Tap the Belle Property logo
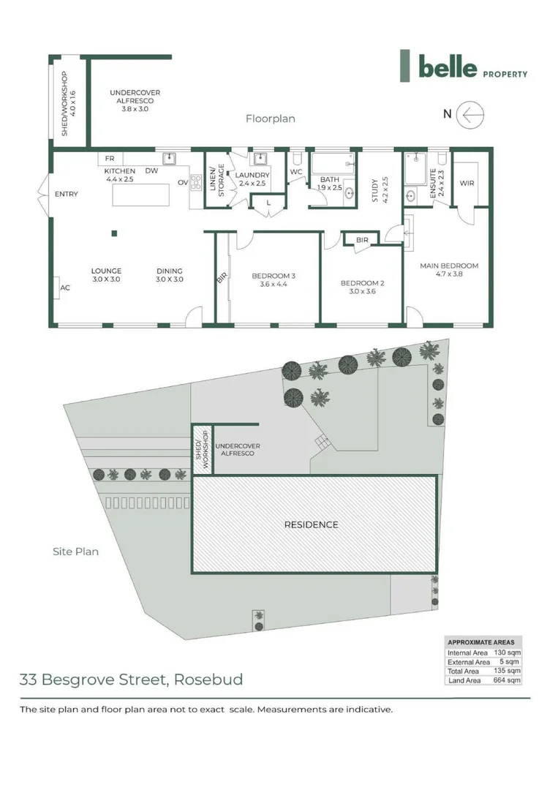pos(463,67)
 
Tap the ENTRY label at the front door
pos(66,195)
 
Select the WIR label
pos(467,183)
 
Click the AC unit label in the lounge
pos(65,288)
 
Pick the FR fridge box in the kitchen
pos(110,159)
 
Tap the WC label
pos(295,173)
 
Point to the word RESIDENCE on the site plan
pos(311,524)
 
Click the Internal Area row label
pos(467,652)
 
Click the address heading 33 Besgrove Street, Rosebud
pos(131,680)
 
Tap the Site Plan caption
pos(75,552)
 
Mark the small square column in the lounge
pos(114,234)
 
